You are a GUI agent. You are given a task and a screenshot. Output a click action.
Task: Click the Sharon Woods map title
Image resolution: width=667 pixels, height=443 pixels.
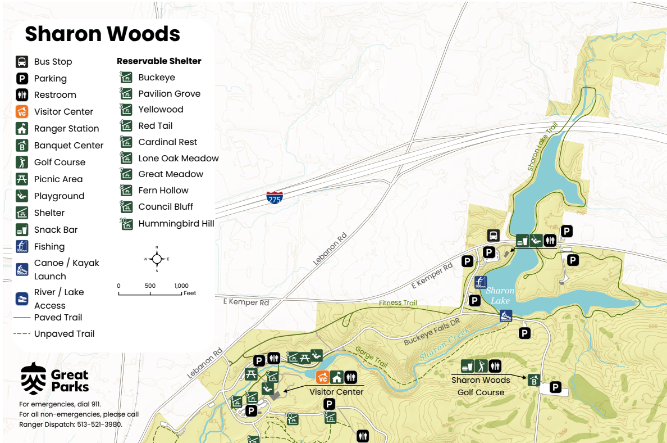(x=102, y=34)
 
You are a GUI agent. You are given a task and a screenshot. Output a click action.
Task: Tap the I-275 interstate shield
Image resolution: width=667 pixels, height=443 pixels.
(x=275, y=197)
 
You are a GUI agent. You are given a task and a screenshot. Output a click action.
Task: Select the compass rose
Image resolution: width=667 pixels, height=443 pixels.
(x=157, y=259)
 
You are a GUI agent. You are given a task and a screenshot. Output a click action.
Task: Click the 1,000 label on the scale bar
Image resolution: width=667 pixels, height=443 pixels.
(x=181, y=286)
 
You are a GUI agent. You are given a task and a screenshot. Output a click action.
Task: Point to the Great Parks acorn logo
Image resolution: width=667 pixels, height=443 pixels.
(x=34, y=379)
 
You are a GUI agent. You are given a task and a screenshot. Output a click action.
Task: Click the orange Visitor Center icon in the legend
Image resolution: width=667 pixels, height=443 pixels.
(x=22, y=111)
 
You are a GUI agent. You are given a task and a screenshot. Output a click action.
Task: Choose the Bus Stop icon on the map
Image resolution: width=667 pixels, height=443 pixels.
(x=493, y=235)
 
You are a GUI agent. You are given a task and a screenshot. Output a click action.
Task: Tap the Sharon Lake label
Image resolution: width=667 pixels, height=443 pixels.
(x=499, y=295)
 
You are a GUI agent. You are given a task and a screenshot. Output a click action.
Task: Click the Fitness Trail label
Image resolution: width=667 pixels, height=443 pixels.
(x=398, y=303)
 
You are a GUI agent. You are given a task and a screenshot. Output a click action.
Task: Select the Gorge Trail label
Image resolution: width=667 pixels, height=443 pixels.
(x=371, y=357)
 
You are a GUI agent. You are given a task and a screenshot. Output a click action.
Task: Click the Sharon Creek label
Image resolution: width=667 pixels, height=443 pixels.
(x=444, y=347)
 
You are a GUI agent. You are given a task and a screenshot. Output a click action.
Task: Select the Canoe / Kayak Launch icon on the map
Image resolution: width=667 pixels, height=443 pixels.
(x=506, y=315)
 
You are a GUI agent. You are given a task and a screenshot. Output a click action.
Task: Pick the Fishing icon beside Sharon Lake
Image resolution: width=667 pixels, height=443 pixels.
(x=480, y=282)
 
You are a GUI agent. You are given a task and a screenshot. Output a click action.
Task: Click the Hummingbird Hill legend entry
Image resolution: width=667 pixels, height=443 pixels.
(x=176, y=223)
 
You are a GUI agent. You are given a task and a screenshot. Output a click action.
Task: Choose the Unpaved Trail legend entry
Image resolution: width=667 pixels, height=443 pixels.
(x=64, y=333)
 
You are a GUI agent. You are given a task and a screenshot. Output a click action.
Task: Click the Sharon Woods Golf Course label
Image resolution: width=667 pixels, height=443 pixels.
(x=481, y=386)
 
